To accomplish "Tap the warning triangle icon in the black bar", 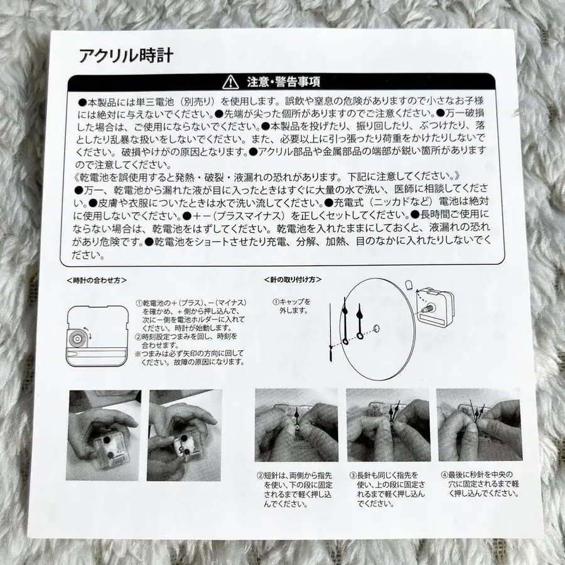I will point(232,82).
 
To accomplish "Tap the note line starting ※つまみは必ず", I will point(188,358).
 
